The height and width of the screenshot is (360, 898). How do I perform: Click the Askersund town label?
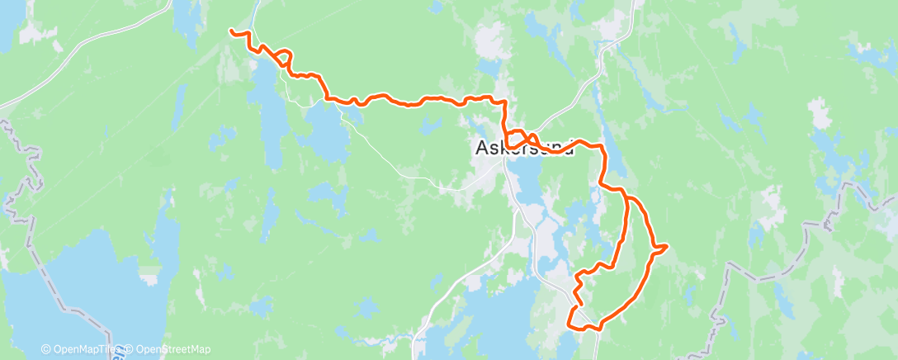523,148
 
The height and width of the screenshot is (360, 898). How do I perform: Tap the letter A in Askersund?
482,148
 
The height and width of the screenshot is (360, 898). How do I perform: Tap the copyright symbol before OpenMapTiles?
45,349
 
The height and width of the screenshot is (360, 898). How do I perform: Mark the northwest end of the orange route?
231,31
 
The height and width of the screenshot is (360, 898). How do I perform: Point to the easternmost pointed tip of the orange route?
666,245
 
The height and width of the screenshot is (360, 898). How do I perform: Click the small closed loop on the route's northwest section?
285,58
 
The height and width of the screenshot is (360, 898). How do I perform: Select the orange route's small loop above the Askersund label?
517,135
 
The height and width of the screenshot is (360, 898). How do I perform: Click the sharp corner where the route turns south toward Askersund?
503,101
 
